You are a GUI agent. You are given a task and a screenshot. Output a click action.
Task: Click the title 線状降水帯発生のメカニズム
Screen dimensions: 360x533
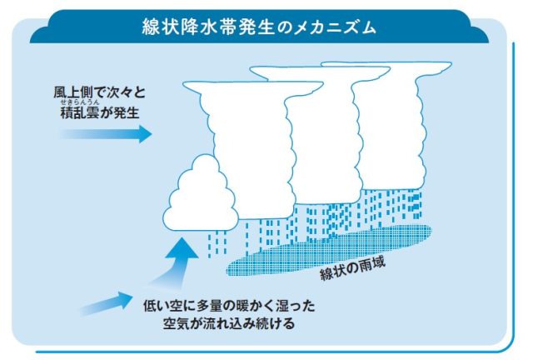pyautogui.click(x=259, y=26)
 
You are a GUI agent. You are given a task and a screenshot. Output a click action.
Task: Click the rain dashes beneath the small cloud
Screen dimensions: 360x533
pyautogui.click(x=217, y=241)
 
